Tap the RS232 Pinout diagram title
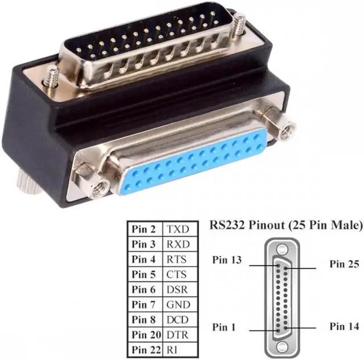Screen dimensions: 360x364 pos(286,225)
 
